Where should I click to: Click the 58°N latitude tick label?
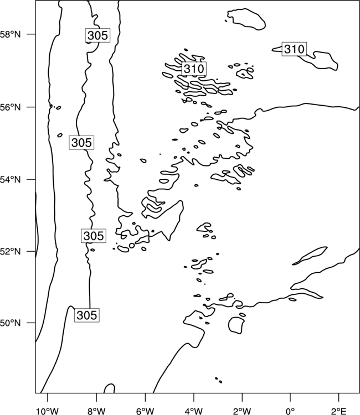tap(10, 34)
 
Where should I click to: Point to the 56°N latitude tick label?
tap(10, 107)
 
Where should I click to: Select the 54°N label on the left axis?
tap(10, 180)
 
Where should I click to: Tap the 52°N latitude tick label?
tap(10, 251)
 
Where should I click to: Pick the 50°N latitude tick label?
tap(10, 323)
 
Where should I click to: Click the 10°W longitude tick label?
tap(48, 411)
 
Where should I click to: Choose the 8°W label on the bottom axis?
tap(96, 411)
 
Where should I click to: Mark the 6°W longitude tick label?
tap(145, 411)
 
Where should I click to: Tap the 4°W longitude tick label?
tap(194, 411)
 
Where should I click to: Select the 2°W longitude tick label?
tap(242, 411)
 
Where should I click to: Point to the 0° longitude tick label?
tap(290, 411)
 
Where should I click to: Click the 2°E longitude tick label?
tap(339, 411)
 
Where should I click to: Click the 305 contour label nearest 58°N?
tap(97, 35)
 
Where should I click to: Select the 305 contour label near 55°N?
tap(81, 143)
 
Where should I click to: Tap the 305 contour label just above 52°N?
tap(94, 236)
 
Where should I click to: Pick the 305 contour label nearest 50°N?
tap(86, 315)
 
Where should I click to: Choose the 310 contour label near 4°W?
tap(194, 69)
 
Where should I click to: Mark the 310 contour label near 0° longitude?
tap(294, 49)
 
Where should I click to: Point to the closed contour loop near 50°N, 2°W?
tap(229, 325)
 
